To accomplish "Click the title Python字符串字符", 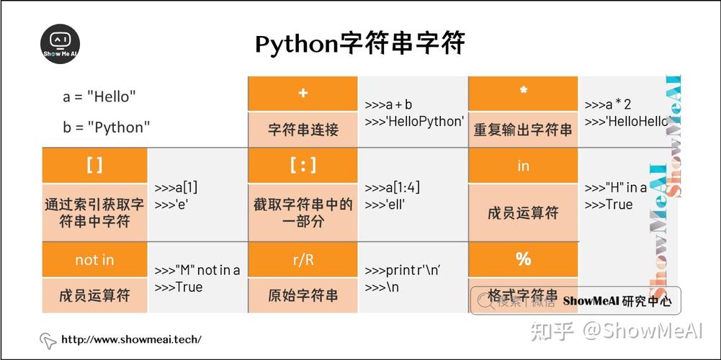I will [x=359, y=44].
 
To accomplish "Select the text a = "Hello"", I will [x=99, y=96].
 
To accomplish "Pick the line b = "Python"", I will [x=107, y=127].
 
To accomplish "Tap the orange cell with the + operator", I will [x=303, y=94].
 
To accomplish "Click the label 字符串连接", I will [x=303, y=130].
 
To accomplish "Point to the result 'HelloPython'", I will [x=414, y=121].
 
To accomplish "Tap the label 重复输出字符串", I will [x=523, y=130].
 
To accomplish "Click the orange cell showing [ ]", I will [x=94, y=165].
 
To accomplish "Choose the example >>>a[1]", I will [x=176, y=187].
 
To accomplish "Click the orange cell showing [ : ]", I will [x=303, y=165].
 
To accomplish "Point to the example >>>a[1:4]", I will [x=393, y=187].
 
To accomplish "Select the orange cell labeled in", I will [x=523, y=165].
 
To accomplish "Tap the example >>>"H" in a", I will [x=616, y=187].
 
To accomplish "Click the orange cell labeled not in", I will [x=94, y=259].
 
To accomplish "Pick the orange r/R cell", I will [x=303, y=259].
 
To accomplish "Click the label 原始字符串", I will [x=303, y=296].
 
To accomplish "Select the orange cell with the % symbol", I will [x=523, y=259].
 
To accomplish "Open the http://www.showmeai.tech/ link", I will [x=131, y=339].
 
